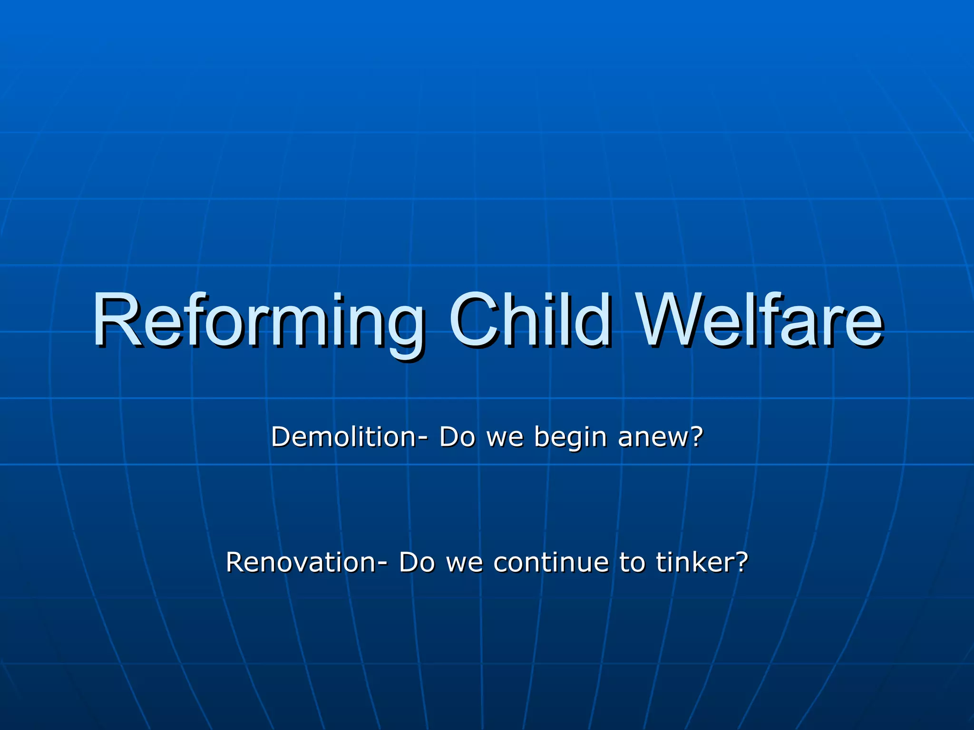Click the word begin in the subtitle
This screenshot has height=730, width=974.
(x=570, y=438)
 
